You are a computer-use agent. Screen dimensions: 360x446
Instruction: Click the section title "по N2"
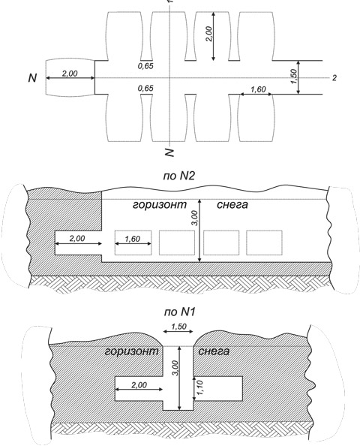tap(179, 176)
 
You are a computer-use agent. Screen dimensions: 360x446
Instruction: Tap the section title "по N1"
tap(179, 312)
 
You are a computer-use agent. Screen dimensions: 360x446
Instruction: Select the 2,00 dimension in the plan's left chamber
tap(70, 74)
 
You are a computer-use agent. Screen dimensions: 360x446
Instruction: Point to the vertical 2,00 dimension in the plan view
tap(209, 34)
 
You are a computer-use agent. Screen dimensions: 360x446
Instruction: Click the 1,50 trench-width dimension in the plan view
tap(294, 77)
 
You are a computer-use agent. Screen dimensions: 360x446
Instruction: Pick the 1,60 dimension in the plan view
tap(258, 89)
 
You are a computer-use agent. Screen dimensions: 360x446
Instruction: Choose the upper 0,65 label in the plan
tap(145, 66)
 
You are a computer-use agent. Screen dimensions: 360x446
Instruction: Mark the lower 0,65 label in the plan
tap(145, 88)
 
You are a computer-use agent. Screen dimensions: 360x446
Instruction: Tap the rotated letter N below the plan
tap(169, 152)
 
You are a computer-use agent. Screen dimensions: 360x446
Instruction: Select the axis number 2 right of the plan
tap(334, 77)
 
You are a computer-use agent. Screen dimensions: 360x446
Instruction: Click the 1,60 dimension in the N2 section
tap(133, 239)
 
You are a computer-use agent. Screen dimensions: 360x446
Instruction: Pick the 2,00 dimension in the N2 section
tap(77, 238)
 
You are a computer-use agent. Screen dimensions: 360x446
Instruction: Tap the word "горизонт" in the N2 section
tap(160, 205)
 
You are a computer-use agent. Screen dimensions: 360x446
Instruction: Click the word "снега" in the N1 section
tap(214, 351)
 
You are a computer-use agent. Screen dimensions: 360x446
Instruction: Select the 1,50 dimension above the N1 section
tap(178, 327)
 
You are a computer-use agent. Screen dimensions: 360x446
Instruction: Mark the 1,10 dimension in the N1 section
tap(200, 387)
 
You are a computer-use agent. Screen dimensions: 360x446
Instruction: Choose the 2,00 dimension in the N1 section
tap(139, 385)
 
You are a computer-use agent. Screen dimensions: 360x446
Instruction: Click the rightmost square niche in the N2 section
tap(264, 243)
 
